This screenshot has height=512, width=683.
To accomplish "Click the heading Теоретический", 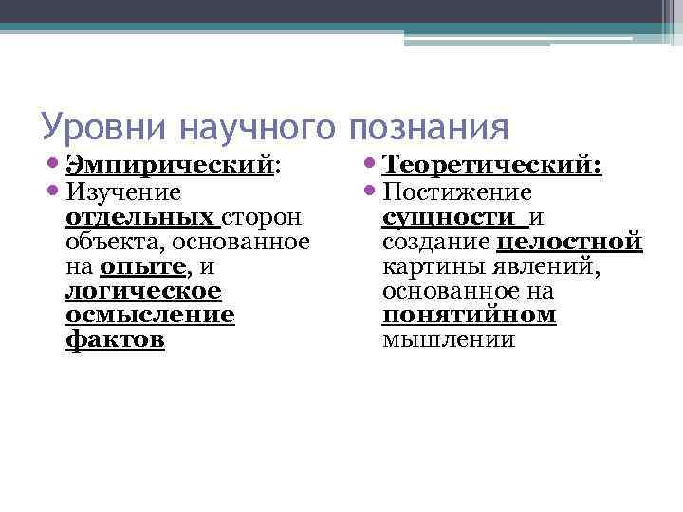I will [x=491, y=167].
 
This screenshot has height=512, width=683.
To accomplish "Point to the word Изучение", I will [x=122, y=192].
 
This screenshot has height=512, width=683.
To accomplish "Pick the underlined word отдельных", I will [x=142, y=217].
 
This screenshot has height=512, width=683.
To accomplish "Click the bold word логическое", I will [x=143, y=291].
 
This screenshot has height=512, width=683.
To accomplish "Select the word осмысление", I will [x=150, y=315].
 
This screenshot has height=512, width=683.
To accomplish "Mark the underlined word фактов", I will [x=115, y=339].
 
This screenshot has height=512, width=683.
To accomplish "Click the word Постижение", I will [x=457, y=192].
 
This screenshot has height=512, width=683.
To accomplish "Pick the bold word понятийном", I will [x=469, y=315].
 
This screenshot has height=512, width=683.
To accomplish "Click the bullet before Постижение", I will [x=372, y=193].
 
